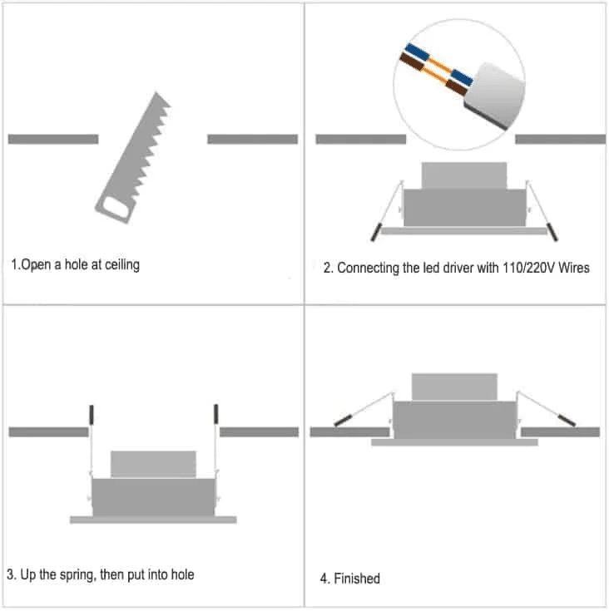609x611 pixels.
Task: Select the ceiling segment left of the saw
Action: click(x=52, y=139)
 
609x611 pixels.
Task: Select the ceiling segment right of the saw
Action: click(x=252, y=139)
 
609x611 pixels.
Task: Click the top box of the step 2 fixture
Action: click(x=464, y=175)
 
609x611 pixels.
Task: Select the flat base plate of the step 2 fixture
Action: click(x=464, y=229)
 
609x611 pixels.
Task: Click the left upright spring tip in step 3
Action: click(x=91, y=414)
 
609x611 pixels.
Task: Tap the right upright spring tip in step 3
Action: click(x=216, y=414)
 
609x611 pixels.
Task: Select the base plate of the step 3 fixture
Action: click(x=153, y=520)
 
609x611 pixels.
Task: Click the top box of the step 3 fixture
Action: click(x=153, y=464)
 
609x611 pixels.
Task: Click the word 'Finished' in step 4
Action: click(x=357, y=579)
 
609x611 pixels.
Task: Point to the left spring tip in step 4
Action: click(x=341, y=420)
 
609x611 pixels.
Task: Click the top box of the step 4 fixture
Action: click(x=454, y=387)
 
